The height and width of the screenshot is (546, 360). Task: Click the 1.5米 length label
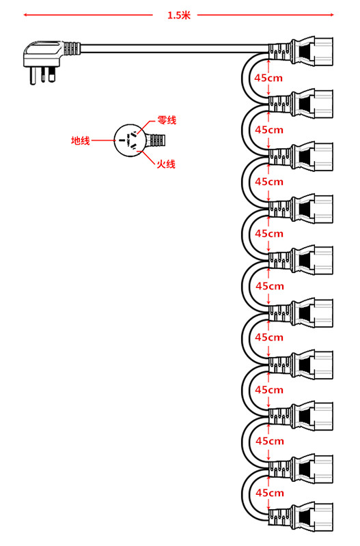click(x=179, y=15)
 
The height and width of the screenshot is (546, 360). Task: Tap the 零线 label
click(x=167, y=121)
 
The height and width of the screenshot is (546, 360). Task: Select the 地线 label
click(x=81, y=141)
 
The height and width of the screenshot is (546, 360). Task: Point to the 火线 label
click(x=166, y=164)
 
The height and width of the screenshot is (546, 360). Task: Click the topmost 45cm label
click(x=268, y=78)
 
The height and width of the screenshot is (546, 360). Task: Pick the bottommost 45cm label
click(x=270, y=493)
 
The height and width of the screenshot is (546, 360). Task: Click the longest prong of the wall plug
click(x=33, y=76)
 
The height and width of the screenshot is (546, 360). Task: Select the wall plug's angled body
click(x=43, y=54)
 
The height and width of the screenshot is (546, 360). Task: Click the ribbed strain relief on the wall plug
click(x=72, y=48)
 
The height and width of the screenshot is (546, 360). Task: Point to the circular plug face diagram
click(x=129, y=141)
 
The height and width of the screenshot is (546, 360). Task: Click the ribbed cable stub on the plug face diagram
click(x=156, y=141)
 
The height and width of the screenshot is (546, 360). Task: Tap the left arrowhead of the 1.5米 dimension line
click(x=25, y=15)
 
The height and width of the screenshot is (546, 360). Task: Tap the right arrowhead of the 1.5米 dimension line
click(x=332, y=15)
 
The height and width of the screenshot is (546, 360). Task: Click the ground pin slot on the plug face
click(x=122, y=141)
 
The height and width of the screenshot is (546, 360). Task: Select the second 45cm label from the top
click(x=269, y=130)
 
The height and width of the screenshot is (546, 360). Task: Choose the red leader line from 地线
click(x=103, y=141)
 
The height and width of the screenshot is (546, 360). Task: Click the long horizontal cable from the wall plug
click(x=175, y=48)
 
